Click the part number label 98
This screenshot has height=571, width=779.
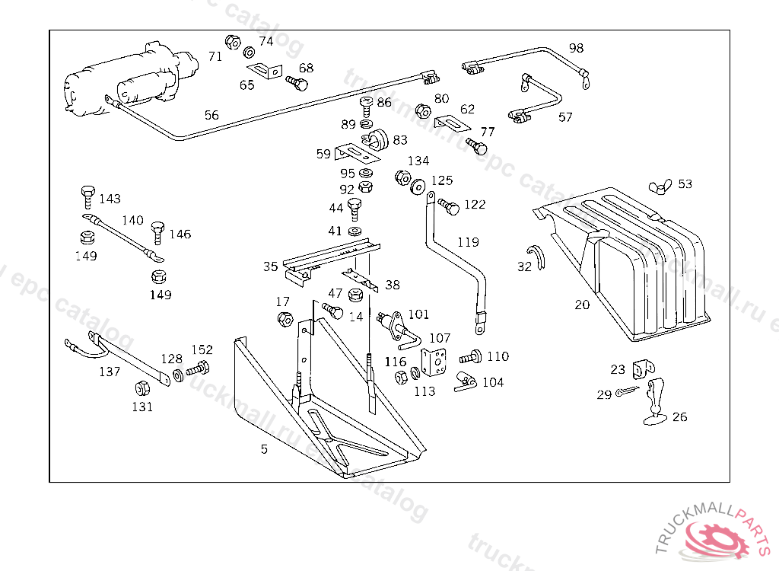tap(576, 48)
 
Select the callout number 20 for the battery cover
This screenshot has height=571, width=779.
tap(582, 305)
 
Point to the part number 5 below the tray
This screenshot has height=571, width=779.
tap(264, 449)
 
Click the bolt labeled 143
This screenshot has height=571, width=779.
tap(87, 195)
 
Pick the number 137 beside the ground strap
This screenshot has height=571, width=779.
tap(110, 372)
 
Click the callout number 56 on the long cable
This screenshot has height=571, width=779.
tap(211, 116)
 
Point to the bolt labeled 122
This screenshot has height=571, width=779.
tap(447, 206)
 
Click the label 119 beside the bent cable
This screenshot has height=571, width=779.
tap(468, 242)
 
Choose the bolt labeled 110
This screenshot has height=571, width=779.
tap(471, 356)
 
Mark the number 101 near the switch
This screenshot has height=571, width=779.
tap(418, 314)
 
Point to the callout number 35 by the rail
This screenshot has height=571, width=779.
tap(271, 266)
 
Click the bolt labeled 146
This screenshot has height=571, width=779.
tap(158, 230)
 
